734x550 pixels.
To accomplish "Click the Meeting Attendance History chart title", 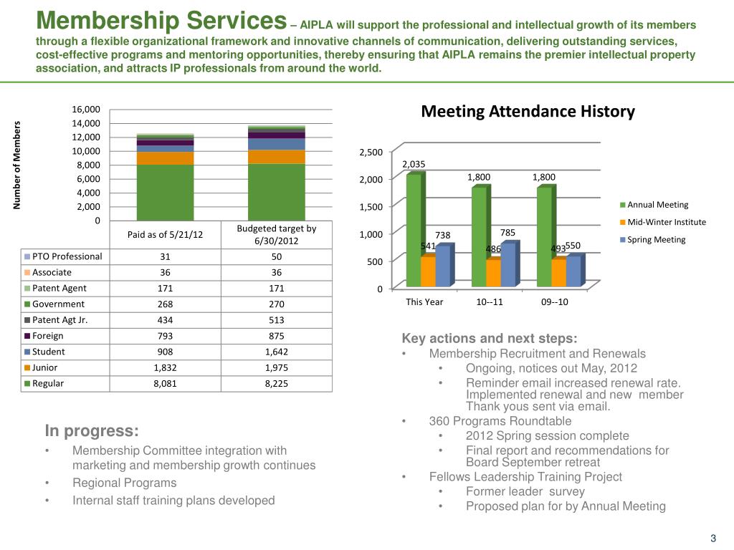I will click(x=528, y=112).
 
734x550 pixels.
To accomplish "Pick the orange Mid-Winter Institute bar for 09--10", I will click(x=557, y=274).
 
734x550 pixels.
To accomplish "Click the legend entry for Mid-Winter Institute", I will click(x=667, y=222).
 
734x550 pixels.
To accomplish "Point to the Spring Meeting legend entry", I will click(x=656, y=239).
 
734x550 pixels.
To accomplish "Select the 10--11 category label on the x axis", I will click(x=490, y=301).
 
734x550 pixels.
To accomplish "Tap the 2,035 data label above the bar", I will click(x=414, y=164).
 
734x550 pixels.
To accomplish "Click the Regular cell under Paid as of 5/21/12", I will click(x=165, y=383).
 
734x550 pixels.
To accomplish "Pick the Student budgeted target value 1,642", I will click(x=277, y=352).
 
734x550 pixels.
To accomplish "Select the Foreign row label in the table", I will click(x=48, y=336).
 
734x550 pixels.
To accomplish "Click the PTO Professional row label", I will click(x=67, y=256).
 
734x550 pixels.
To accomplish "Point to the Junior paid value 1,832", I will click(x=165, y=367).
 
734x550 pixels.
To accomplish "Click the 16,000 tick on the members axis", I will click(x=87, y=110).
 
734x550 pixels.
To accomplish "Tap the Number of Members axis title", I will click(x=16, y=165).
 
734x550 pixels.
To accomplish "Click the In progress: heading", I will click(x=91, y=430).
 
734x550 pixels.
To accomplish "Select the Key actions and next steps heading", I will click(x=489, y=339).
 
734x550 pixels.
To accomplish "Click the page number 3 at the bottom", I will click(x=713, y=539).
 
